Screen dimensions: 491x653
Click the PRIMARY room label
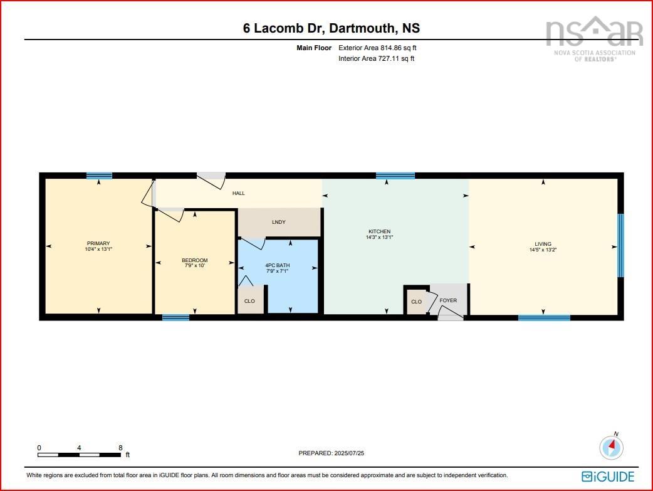coord(98,243)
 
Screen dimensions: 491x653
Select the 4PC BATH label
coord(278,265)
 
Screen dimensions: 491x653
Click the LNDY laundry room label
coord(279,222)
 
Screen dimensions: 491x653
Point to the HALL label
coord(238,193)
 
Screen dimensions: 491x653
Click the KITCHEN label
coord(379,231)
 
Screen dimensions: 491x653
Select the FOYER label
coord(448,300)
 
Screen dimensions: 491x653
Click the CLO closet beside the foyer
coord(416,302)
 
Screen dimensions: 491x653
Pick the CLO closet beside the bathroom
coord(249,302)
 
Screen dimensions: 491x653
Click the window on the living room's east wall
coord(620,245)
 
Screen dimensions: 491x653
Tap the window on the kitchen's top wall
coord(395,176)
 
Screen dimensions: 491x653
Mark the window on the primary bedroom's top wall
coord(99,176)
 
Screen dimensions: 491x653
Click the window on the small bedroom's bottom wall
coord(175,317)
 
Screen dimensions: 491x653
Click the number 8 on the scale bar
coord(120,448)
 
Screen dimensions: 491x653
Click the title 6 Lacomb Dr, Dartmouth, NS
coord(332,28)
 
